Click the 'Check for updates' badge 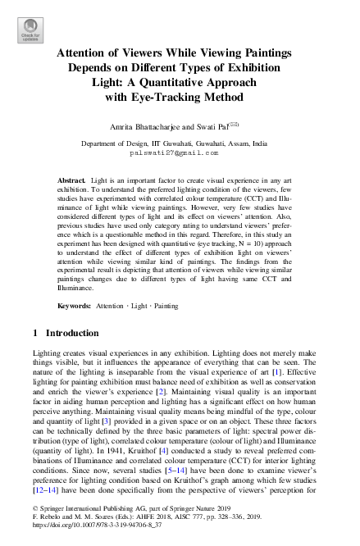29,30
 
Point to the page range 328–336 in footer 218,530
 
